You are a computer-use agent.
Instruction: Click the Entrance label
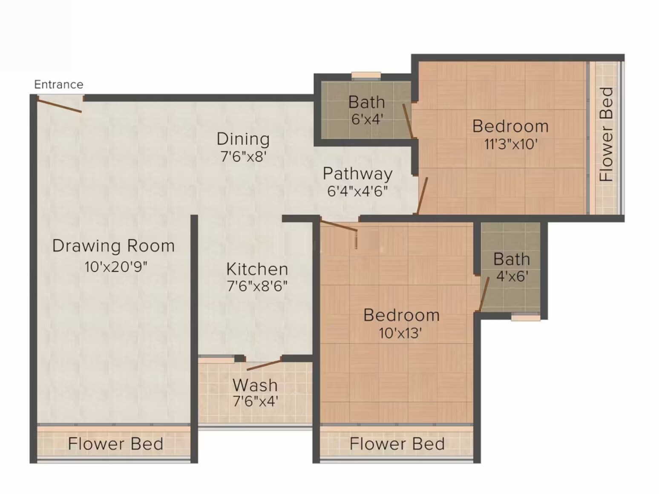tap(58, 84)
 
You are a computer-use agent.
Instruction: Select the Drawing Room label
tap(113, 246)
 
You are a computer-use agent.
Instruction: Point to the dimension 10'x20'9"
tap(116, 267)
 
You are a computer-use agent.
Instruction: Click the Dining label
tap(243, 139)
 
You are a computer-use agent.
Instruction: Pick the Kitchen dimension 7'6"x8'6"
tap(257, 286)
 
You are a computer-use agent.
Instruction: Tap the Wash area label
tap(255, 385)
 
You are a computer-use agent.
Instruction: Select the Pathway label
tap(357, 173)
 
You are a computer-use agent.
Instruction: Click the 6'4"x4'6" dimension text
tap(357, 191)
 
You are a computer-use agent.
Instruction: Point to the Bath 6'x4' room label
tap(366, 102)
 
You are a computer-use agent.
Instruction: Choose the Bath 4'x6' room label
tap(512, 259)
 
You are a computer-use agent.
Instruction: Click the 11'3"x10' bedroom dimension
tap(510, 144)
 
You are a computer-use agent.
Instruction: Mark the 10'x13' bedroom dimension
tap(400, 333)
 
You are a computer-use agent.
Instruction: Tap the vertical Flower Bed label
tap(606, 135)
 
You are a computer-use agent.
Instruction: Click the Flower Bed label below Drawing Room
tap(115, 444)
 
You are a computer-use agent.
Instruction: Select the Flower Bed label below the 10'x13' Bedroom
tap(397, 444)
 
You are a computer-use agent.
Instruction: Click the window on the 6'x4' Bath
tap(366, 76)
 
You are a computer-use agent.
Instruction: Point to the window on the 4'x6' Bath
tap(525, 317)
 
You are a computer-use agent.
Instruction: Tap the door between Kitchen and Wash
tap(264, 365)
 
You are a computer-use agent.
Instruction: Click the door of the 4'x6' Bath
tap(484, 294)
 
